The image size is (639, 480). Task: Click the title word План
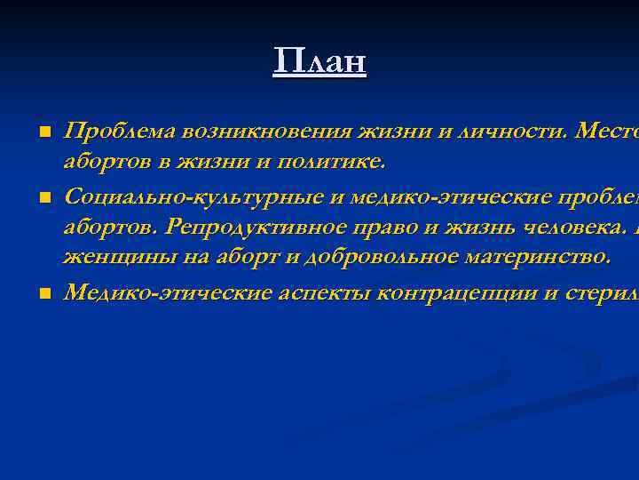coord(319,61)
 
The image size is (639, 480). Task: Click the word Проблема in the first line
coord(118,132)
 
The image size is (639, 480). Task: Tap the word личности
coord(512,132)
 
